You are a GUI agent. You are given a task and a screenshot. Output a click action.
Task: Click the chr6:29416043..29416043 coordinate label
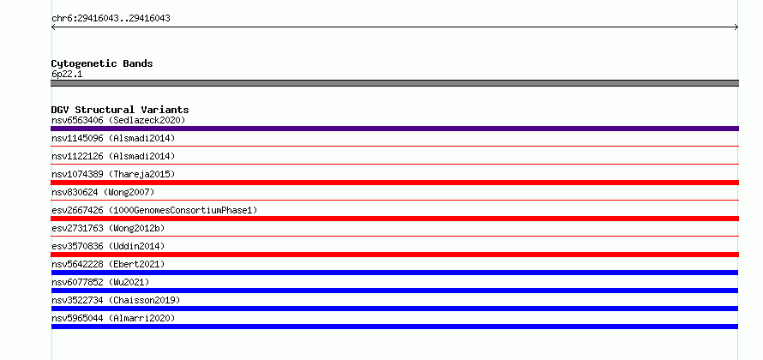tap(111, 19)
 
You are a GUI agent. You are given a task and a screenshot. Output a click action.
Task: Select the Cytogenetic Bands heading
tap(102, 63)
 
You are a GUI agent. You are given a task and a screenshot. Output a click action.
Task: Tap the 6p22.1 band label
tap(67, 75)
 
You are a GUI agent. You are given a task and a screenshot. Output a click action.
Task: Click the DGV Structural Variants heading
tap(120, 110)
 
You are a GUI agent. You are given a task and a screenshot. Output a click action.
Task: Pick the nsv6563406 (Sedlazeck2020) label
tap(118, 120)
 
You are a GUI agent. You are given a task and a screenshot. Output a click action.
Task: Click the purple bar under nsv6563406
tap(394, 129)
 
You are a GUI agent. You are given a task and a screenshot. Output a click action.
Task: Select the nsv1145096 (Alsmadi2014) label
tap(113, 138)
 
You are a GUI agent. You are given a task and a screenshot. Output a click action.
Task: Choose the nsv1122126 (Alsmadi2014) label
tap(113, 156)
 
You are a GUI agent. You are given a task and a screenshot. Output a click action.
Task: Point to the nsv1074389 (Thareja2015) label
tap(113, 174)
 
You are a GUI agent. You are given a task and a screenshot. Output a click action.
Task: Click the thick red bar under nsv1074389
tap(394, 183)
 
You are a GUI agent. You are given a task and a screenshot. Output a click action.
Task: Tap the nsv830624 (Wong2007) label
tap(103, 192)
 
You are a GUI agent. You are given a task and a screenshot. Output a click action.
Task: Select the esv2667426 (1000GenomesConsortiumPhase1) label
tap(154, 210)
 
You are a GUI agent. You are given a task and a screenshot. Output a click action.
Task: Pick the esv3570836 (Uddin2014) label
tap(108, 246)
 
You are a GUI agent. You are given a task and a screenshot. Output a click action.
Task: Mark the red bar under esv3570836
tap(394, 255)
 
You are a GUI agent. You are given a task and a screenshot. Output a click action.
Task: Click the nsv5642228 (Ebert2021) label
tap(108, 264)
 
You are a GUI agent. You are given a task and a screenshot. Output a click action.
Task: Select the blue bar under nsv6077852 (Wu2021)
tap(394, 291)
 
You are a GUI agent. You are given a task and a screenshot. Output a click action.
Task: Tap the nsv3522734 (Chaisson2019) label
tap(116, 300)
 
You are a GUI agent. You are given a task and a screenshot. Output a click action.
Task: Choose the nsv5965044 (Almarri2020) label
tap(113, 318)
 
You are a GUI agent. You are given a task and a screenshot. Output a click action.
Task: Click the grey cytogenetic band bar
tap(394, 83)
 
